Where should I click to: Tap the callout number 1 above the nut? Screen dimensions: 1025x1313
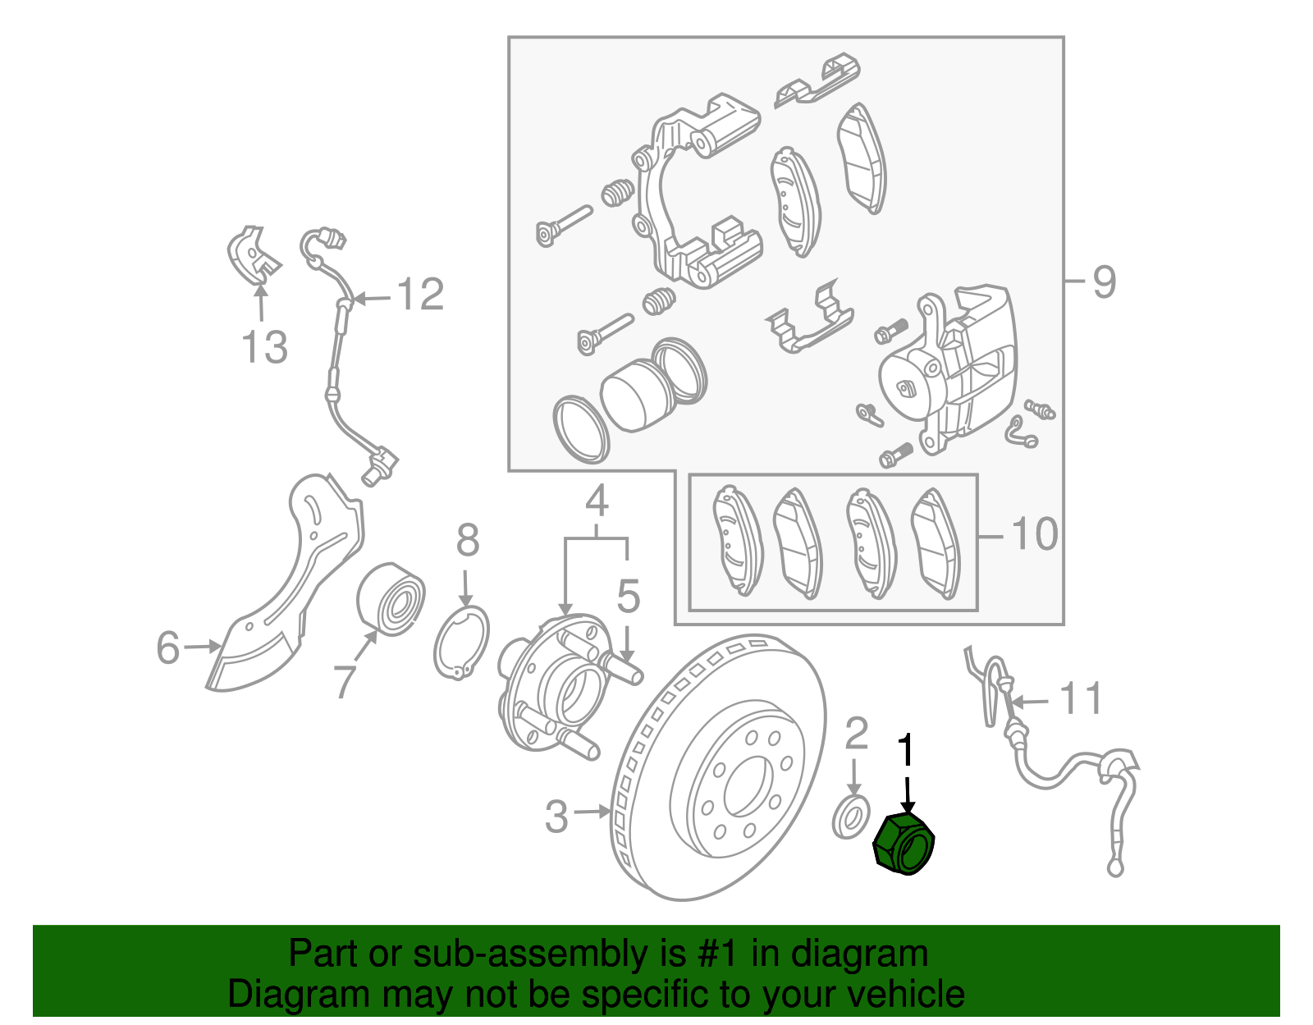pos(906,751)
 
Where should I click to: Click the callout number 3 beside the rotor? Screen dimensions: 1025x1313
pos(556,817)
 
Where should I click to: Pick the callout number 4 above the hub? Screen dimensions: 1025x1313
pos(597,501)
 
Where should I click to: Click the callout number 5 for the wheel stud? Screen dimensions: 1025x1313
pos(628,597)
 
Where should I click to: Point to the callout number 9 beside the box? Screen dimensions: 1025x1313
pos(1105,281)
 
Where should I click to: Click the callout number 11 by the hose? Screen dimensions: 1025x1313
pos(1081,699)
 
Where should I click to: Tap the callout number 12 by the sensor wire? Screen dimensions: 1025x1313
pos(420,294)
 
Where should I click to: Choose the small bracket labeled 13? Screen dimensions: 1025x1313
pos(252,253)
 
